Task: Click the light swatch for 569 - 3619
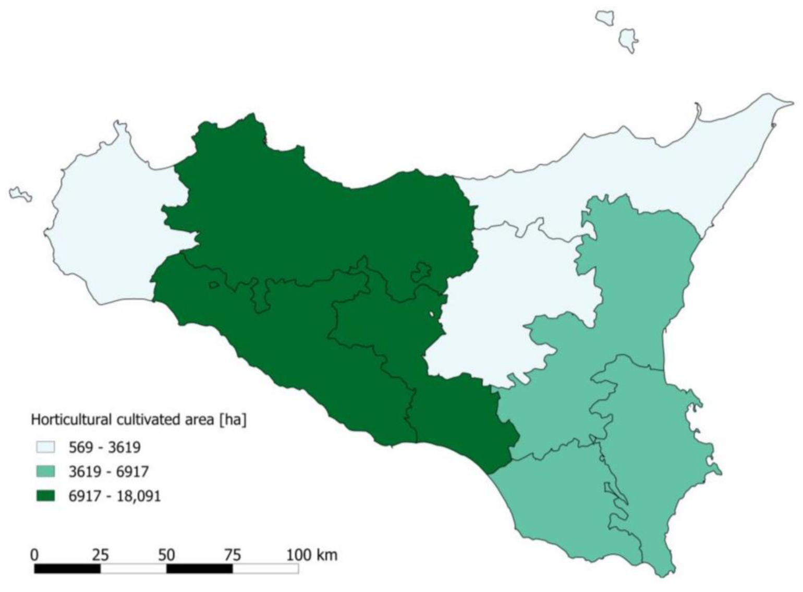pos(45,447)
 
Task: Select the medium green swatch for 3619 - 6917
pos(45,471)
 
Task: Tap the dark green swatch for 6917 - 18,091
pos(45,495)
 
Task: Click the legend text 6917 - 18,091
pos(115,496)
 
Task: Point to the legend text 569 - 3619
pos(104,447)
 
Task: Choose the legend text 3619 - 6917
pos(108,472)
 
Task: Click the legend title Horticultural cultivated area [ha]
pos(138,420)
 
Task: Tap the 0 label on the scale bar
pos(34,554)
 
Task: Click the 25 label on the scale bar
pos(100,554)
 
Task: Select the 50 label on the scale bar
pos(166,554)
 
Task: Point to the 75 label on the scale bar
pos(232,554)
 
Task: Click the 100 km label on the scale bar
pos(311,554)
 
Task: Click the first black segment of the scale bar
pos(67,569)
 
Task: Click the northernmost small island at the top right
pos(605,17)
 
